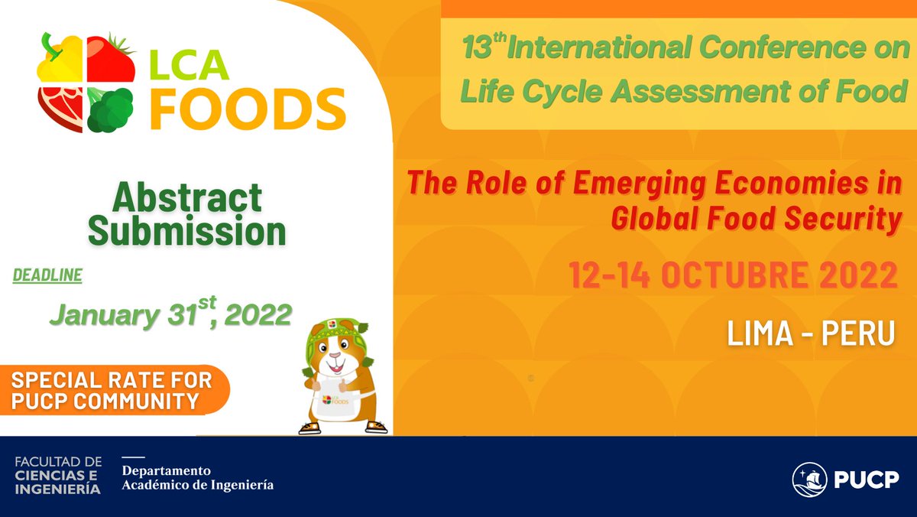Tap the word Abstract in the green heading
[x=187, y=198]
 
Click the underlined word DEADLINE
[x=47, y=276]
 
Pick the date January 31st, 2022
[x=170, y=314]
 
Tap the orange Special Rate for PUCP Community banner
[x=115, y=389]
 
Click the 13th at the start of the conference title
[x=481, y=49]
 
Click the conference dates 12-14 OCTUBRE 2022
[x=733, y=275]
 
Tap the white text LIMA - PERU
[x=812, y=335]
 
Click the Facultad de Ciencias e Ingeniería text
[x=57, y=476]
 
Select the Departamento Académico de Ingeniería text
[x=197, y=477]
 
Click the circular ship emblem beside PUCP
[x=810, y=480]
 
